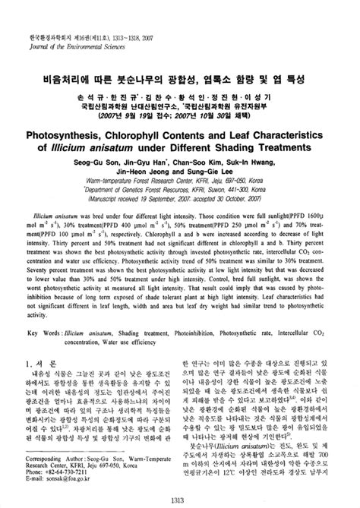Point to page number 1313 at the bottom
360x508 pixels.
coord(179,498)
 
